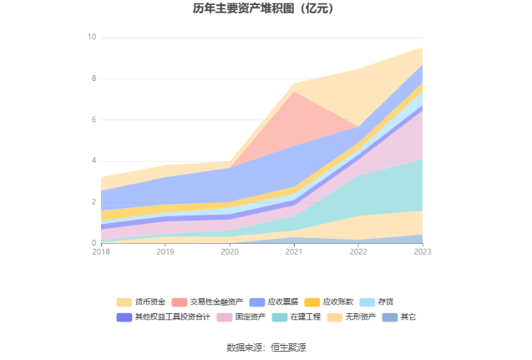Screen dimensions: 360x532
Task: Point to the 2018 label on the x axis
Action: pos(101,251)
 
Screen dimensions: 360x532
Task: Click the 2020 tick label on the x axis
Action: pos(230,251)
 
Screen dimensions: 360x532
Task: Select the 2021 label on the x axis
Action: pos(294,251)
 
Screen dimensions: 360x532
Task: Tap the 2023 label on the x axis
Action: pos(423,251)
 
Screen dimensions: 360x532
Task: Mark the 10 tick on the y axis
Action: pos(92,38)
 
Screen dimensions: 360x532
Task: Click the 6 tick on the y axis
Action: pos(94,119)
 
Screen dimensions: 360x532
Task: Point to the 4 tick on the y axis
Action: pos(94,160)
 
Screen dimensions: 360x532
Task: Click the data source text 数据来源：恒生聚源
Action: pos(266,347)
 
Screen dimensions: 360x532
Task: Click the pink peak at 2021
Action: pos(294,93)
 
